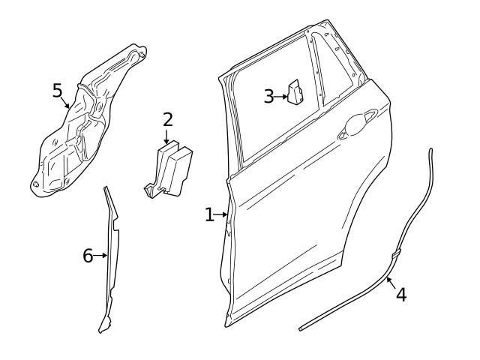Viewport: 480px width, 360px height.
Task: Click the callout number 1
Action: point(209,215)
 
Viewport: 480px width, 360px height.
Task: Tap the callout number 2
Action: point(167,119)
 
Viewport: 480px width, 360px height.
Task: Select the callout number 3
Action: point(268,97)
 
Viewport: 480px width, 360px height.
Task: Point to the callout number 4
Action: point(401,295)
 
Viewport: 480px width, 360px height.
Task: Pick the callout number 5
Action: point(58,91)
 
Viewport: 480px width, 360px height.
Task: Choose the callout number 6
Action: point(88,256)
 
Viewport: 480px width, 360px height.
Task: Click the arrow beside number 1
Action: point(222,216)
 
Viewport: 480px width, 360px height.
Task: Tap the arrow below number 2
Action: point(166,136)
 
